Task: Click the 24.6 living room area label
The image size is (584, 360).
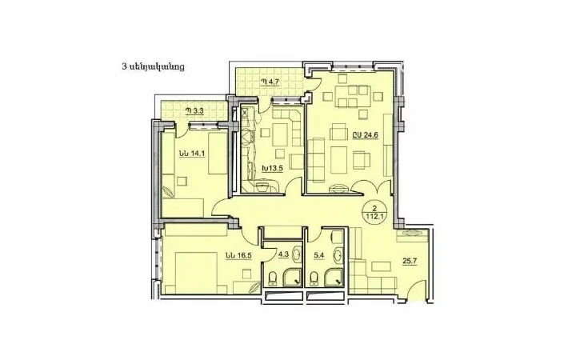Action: click(x=366, y=135)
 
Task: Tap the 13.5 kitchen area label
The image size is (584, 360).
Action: click(x=272, y=168)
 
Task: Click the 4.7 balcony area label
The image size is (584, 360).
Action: click(x=270, y=82)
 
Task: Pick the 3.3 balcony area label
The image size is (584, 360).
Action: click(x=195, y=110)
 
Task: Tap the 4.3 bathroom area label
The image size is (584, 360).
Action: click(x=283, y=255)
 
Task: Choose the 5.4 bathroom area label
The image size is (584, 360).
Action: click(x=319, y=256)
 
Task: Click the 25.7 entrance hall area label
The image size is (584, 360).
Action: click(x=410, y=261)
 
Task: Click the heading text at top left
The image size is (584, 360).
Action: click(x=153, y=67)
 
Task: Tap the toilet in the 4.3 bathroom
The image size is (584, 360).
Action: click(x=273, y=278)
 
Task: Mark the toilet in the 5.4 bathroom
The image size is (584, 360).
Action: click(x=314, y=278)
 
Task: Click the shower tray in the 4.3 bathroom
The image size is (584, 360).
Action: click(x=292, y=278)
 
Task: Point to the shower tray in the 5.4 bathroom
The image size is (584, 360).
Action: click(x=334, y=278)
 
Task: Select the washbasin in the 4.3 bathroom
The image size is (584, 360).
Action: click(x=297, y=254)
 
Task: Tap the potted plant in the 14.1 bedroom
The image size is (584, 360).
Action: click(x=168, y=191)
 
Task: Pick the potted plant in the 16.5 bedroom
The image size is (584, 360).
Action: click(x=255, y=287)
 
